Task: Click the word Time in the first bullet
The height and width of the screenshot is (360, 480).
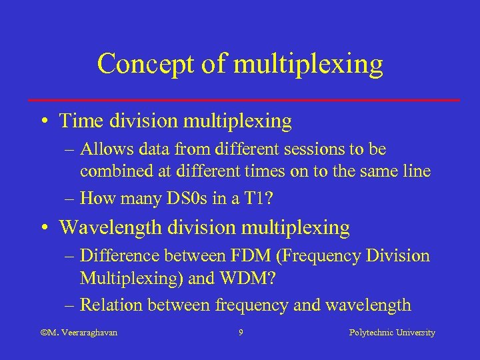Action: click(x=80, y=121)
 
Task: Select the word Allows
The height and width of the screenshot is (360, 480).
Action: click(x=105, y=149)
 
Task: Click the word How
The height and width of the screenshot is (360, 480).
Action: click(x=97, y=198)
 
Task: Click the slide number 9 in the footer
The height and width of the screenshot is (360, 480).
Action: click(x=240, y=332)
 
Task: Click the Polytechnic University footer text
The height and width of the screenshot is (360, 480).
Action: click(x=392, y=332)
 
